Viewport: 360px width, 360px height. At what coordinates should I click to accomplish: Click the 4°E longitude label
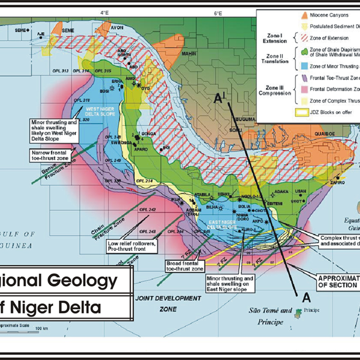[x=104, y=13]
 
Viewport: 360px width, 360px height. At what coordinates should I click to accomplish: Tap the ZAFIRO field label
[x=337, y=183]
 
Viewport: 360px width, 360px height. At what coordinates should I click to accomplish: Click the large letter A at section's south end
[x=307, y=298]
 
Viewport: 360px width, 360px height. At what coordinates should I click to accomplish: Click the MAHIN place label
[x=189, y=54]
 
